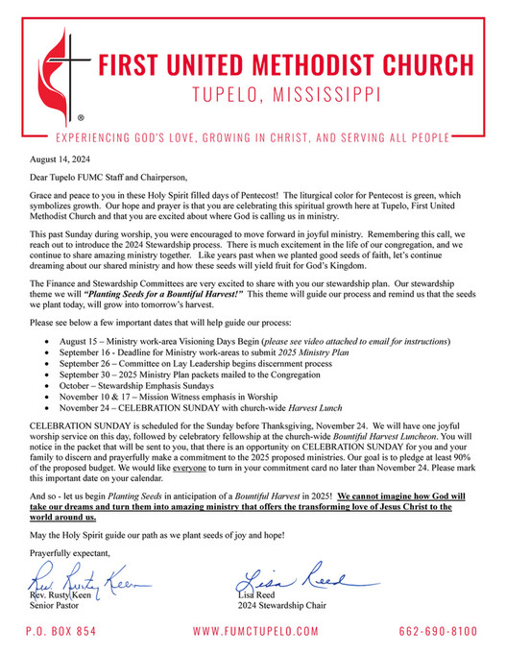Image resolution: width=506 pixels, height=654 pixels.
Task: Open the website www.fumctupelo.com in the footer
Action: click(x=253, y=632)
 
